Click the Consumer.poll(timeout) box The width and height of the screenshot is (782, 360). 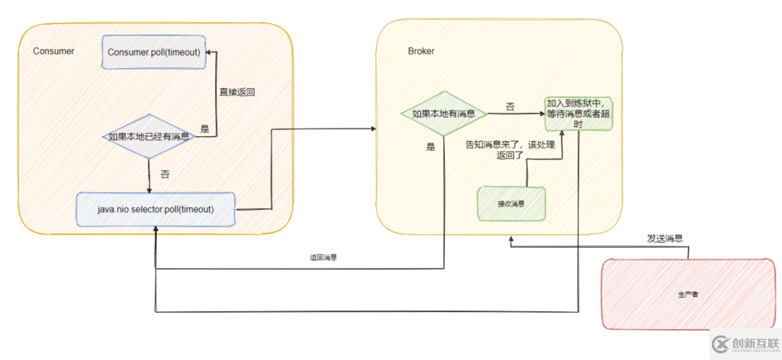tap(154, 52)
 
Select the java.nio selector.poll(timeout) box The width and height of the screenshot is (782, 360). tap(156, 209)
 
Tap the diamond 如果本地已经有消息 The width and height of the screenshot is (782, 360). tap(149, 136)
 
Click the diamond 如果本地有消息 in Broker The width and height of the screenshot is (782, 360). tap(443, 114)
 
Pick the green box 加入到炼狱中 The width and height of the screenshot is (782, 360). tap(579, 114)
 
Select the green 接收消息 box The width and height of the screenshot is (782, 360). tap(511, 204)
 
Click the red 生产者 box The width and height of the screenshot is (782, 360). tap(687, 294)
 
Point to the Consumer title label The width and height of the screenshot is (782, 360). tap(54, 51)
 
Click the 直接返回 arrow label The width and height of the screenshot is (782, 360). tap(237, 92)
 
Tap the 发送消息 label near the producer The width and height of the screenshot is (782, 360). tap(664, 238)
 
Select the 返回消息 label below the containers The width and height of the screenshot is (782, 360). tap(323, 257)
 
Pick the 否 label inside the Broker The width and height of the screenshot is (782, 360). tap(510, 106)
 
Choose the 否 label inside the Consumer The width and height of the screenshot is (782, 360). tap(164, 174)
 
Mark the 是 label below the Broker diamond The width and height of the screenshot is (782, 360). tap(431, 146)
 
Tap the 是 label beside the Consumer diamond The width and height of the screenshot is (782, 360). tap(204, 129)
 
